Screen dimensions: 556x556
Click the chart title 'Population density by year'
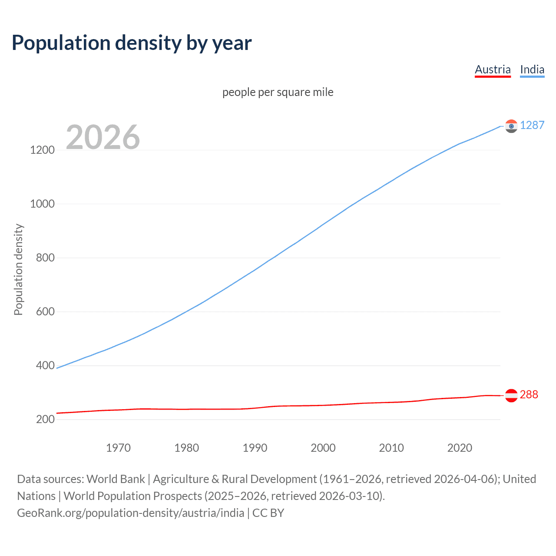[x=132, y=43]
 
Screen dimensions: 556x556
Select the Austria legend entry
[x=493, y=69]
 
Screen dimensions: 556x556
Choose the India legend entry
[x=532, y=69]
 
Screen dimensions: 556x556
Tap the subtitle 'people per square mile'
[x=278, y=92]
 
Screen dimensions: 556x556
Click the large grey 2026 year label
[x=103, y=137]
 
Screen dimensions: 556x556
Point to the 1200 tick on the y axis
[x=43, y=150]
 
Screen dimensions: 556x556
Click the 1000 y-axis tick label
[x=43, y=204]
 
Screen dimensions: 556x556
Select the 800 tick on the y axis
[x=45, y=258]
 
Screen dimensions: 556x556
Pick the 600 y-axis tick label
[x=45, y=311]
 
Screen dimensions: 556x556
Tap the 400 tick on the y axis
[x=45, y=365]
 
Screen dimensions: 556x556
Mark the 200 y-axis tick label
[x=45, y=419]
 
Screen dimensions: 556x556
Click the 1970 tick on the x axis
[x=118, y=448]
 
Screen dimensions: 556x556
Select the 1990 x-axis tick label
[x=255, y=448]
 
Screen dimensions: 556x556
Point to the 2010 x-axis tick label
[x=391, y=448]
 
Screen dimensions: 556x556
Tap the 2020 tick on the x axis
[x=460, y=448]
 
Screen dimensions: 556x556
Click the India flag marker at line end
[x=511, y=126]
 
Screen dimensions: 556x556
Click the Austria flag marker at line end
[x=511, y=395]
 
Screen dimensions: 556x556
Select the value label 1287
[x=532, y=125]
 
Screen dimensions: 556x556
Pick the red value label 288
[x=529, y=394]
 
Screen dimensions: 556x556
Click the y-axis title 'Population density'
[x=18, y=269]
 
